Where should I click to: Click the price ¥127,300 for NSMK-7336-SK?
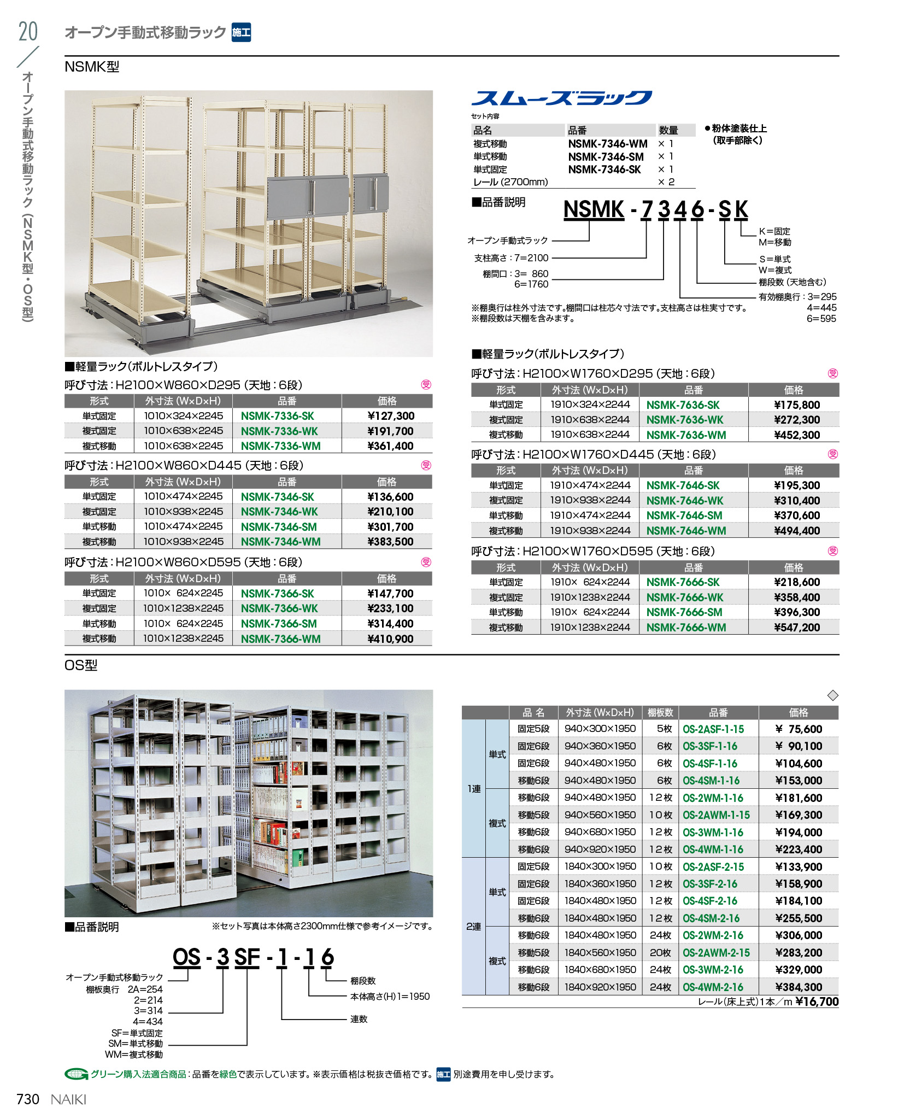click(390, 416)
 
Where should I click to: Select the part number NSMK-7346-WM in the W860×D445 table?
click(280, 542)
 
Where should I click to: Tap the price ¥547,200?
click(796, 628)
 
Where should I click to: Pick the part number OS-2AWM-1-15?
click(716, 815)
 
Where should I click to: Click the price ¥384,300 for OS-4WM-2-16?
click(798, 987)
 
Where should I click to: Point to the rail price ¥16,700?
click(817, 1001)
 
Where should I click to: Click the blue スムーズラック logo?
click(561, 98)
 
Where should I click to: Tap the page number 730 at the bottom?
click(28, 1099)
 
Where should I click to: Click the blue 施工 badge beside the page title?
click(241, 32)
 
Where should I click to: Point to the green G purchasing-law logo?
click(76, 1074)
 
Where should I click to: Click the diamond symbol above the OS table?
click(832, 695)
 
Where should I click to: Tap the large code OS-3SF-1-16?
click(253, 957)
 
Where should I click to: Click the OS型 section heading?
click(81, 665)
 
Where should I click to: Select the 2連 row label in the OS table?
click(473, 927)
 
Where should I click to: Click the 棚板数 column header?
click(660, 712)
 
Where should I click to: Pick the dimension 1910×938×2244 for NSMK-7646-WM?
click(590, 530)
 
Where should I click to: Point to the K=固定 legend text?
click(774, 231)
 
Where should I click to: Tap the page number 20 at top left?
click(28, 32)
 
